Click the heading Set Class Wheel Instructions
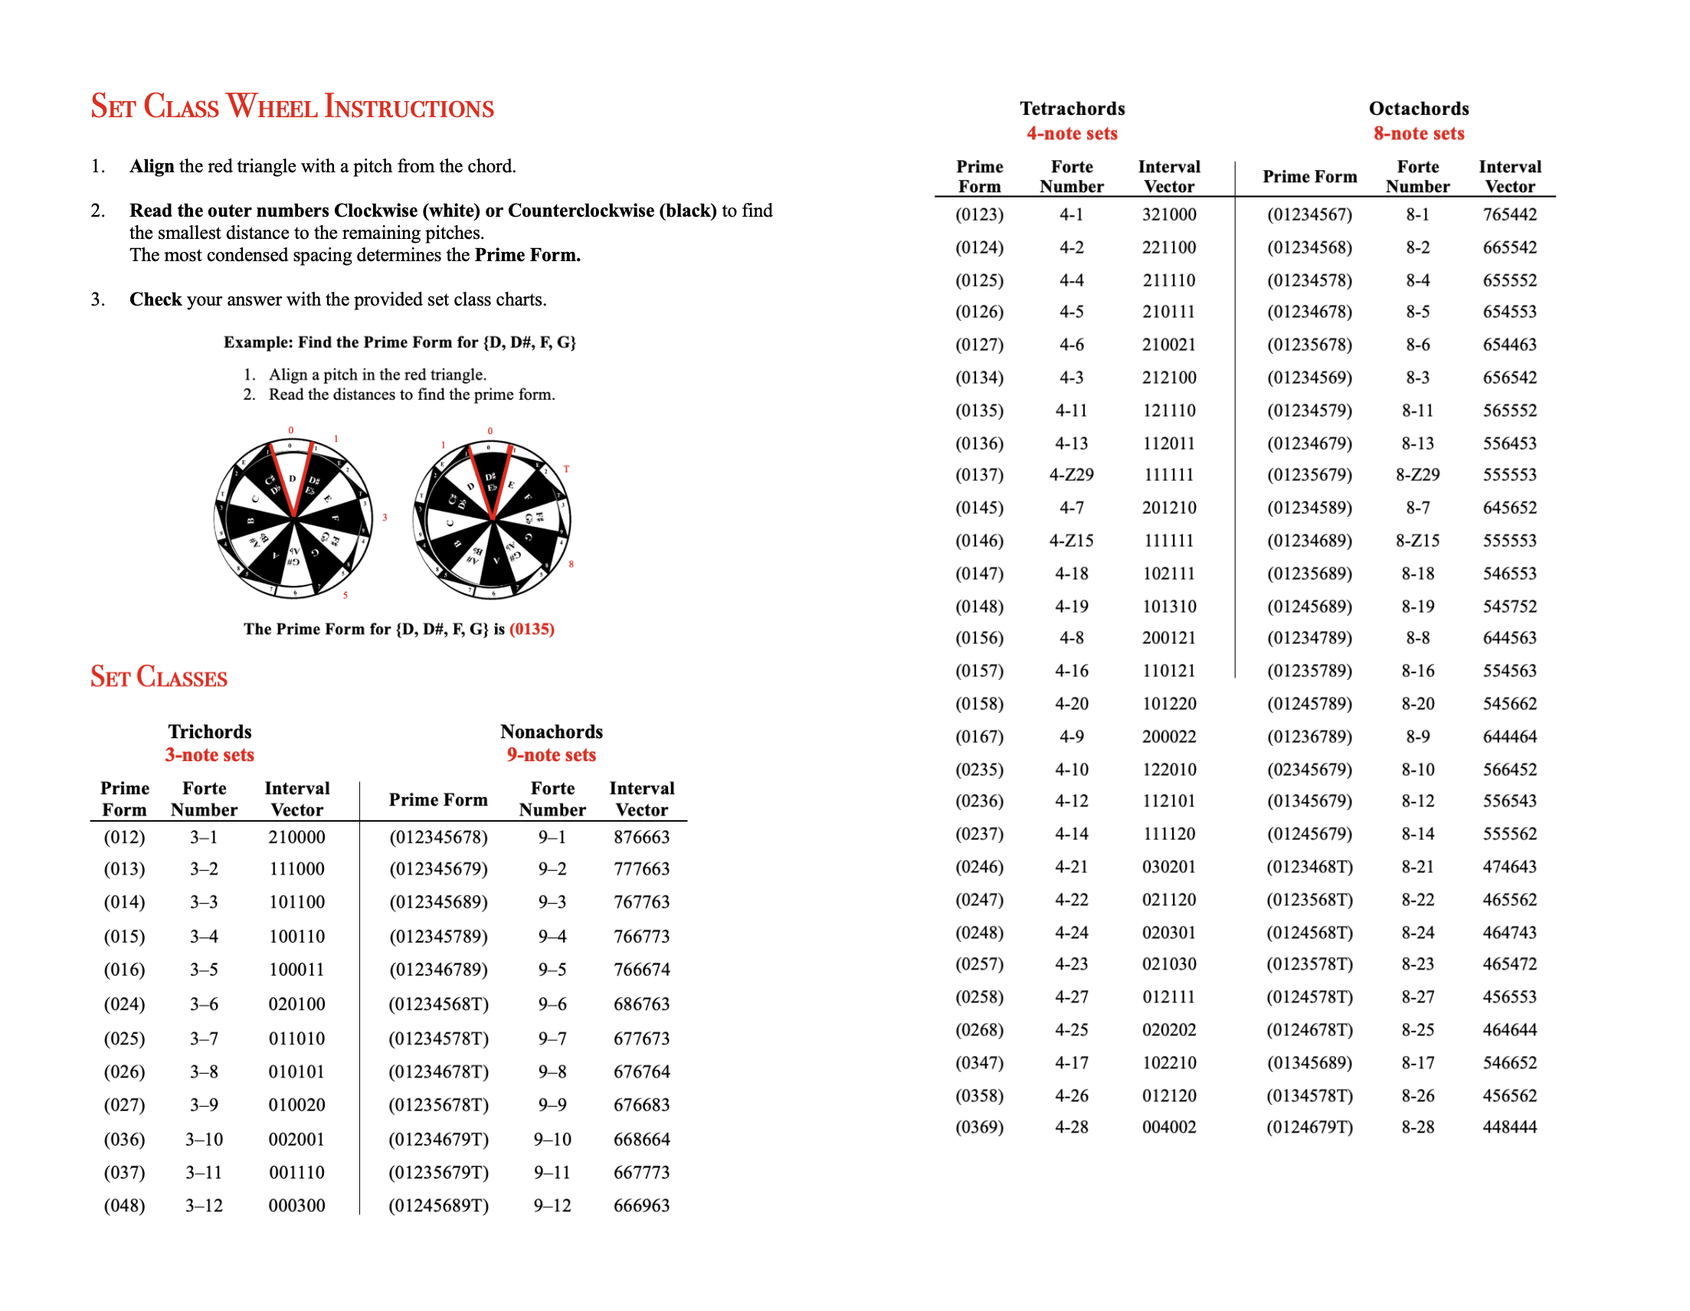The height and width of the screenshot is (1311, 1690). tap(292, 106)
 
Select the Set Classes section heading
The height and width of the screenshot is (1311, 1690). tap(159, 677)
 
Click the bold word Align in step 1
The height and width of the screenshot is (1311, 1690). tap(152, 166)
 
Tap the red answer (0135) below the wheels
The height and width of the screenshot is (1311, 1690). tap(532, 629)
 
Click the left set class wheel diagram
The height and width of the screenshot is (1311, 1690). tap(293, 518)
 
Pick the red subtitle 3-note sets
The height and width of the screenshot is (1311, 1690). tap(209, 755)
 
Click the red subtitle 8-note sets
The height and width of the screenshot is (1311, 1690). tap(1418, 133)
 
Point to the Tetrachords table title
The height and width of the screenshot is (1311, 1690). tap(1072, 108)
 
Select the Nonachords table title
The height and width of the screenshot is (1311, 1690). tap(551, 731)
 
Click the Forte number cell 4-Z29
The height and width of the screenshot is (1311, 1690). tap(1071, 475)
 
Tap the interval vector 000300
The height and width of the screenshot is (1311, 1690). tap(296, 1205)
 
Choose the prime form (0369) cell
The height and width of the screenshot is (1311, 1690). tap(979, 1127)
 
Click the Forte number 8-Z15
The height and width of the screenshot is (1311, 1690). tap(1417, 541)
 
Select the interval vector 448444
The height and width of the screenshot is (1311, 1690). tap(1509, 1127)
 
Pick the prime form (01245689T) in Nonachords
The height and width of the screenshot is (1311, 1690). tap(438, 1205)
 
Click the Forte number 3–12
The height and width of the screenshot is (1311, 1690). tap(204, 1205)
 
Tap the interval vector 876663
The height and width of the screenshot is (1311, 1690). tap(640, 837)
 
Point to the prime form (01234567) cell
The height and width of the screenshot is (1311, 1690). tap(1309, 214)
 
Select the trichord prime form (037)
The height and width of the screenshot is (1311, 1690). tap(124, 1172)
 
